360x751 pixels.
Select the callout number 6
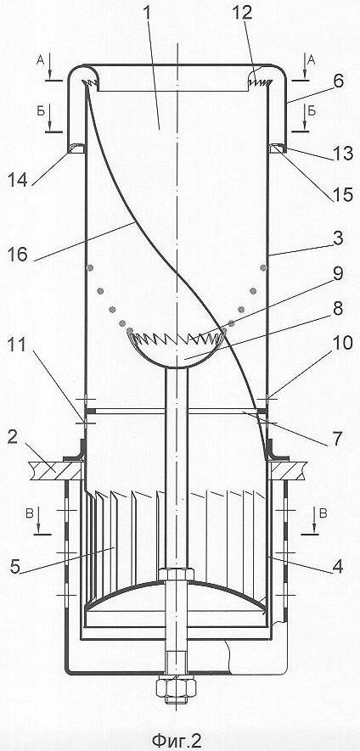[x=339, y=81]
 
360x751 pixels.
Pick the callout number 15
[x=343, y=194]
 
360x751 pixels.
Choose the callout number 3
[x=338, y=238]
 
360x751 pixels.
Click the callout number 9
[x=338, y=275]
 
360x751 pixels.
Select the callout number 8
[x=338, y=309]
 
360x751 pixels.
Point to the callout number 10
[x=342, y=344]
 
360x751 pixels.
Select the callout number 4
[x=338, y=567]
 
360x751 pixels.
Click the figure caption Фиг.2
[x=177, y=740]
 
